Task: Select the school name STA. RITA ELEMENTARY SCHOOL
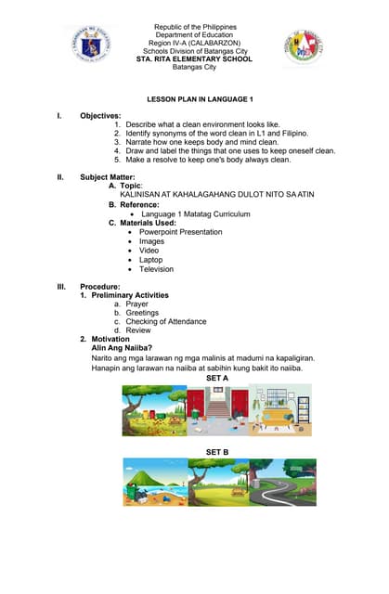click(x=194, y=58)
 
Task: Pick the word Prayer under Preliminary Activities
click(x=136, y=303)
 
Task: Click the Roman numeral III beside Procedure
click(x=60, y=287)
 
